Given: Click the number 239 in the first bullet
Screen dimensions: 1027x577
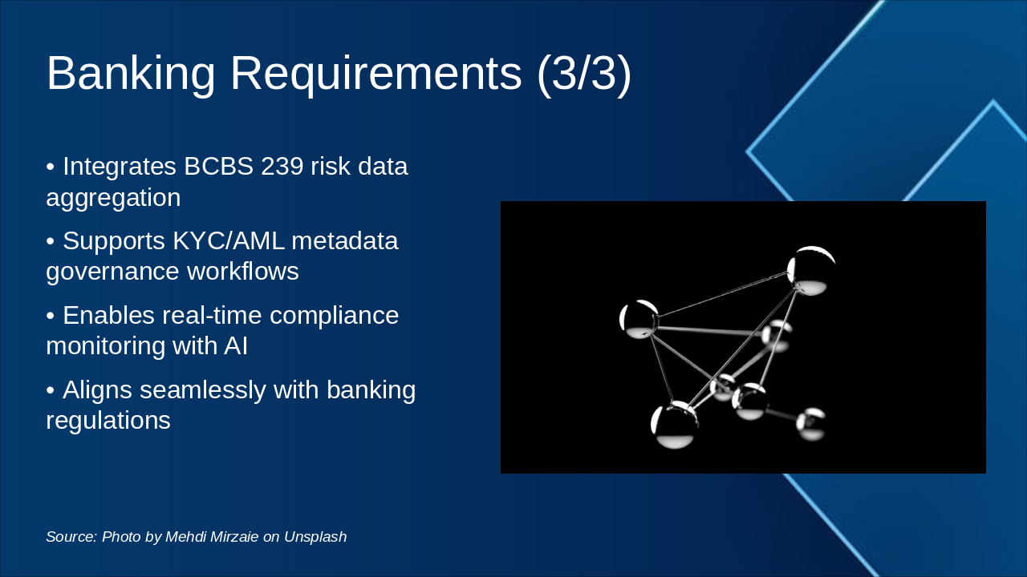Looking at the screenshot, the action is [282, 166].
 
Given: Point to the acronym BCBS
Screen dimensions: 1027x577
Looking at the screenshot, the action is [219, 166].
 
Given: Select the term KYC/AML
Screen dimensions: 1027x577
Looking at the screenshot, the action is [229, 240].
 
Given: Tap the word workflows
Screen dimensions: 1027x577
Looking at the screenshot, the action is [243, 271].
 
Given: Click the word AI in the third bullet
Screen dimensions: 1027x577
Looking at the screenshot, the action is [236, 345].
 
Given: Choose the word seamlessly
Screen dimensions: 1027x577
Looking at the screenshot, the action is [203, 390].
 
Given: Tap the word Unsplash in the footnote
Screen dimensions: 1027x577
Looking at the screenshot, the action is [315, 537].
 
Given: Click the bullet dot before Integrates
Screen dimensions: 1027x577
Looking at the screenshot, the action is [51, 167].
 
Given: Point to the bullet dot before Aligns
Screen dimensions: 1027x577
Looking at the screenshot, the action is [51, 391].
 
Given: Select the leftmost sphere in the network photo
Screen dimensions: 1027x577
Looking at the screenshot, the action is [639, 319].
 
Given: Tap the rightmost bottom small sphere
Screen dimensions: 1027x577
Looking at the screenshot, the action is [810, 424].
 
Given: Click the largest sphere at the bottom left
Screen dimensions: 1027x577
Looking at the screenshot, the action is [674, 425].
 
